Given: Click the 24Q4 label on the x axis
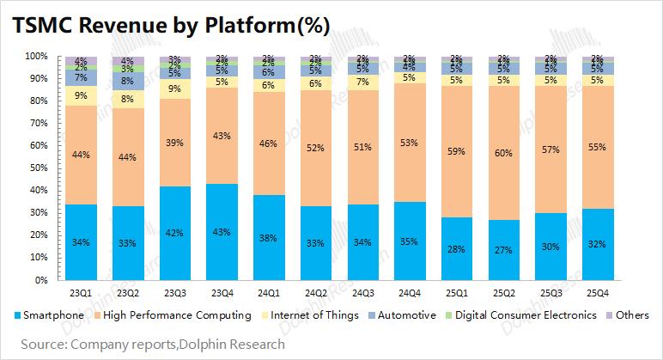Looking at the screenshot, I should click(x=408, y=292).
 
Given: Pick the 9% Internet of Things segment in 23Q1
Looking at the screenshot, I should click(x=80, y=95).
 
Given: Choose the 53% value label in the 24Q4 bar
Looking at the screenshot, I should click(x=408, y=143).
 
